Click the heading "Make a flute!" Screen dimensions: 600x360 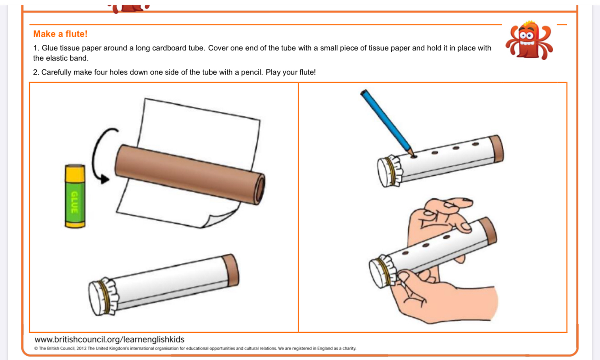60,34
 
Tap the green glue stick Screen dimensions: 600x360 75,196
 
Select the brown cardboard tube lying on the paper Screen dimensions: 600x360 189,175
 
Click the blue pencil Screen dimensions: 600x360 388,123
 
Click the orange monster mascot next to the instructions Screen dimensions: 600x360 529,40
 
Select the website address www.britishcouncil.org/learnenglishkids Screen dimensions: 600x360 109,339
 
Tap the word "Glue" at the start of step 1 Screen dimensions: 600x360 50,48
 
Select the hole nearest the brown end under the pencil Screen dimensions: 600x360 475,144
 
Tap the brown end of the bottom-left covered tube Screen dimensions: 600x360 230,270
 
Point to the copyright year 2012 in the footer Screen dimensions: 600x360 81,349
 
